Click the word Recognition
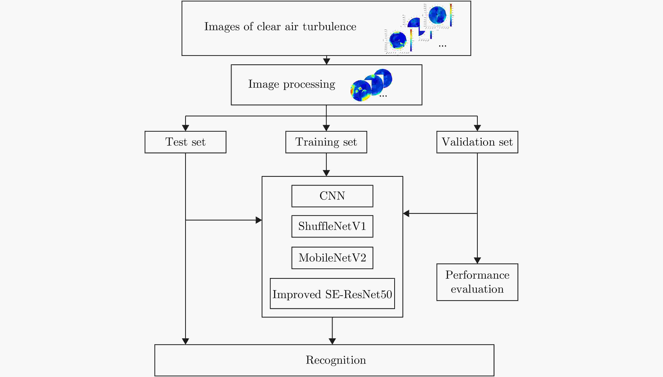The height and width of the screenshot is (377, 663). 336,360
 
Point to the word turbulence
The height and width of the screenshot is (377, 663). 329,27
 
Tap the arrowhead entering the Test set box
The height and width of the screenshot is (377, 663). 185,128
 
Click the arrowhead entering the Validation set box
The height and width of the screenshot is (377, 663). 477,128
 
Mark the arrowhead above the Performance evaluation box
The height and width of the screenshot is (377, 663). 477,261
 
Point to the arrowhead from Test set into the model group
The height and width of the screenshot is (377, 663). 259,220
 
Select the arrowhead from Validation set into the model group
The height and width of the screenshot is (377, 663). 406,213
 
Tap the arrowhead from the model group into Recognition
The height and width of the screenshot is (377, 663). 332,341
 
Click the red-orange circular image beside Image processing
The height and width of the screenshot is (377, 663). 361,91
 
